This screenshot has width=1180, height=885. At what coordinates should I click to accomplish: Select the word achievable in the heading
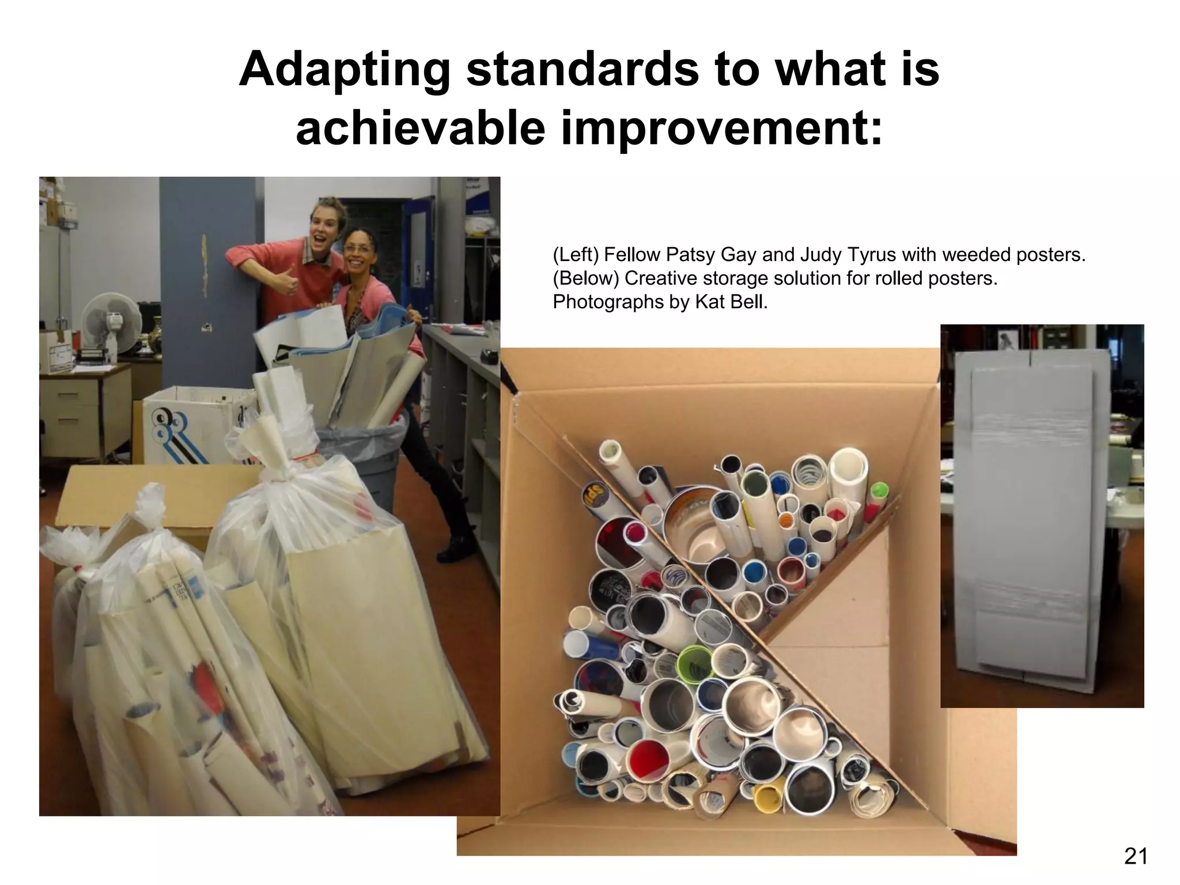tap(420, 128)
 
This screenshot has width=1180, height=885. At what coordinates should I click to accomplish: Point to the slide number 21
tap(1136, 857)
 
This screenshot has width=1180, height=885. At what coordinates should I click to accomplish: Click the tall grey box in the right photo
tap(1031, 519)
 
